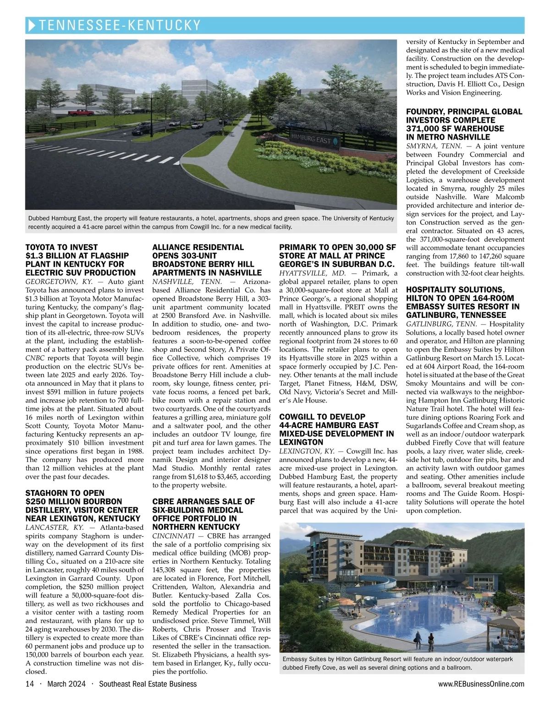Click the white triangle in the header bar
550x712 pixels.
point(32,25)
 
